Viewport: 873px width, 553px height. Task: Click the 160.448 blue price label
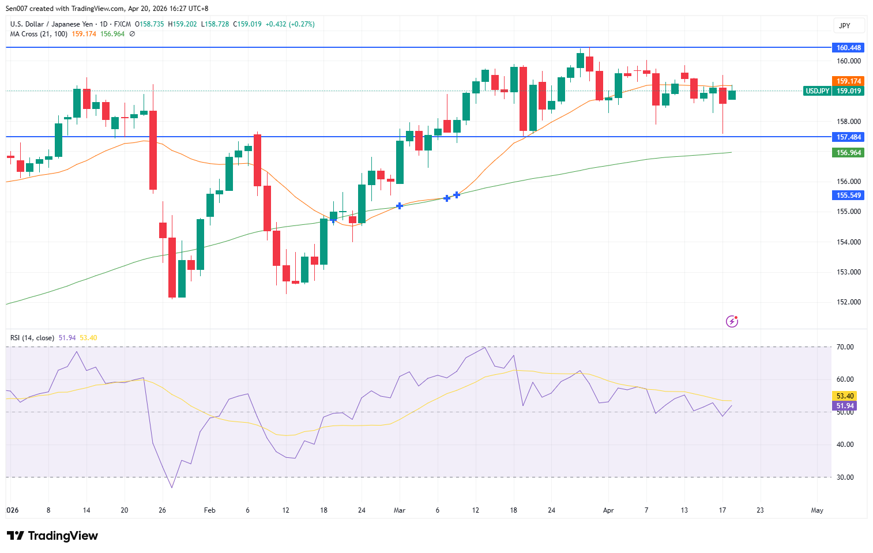(848, 48)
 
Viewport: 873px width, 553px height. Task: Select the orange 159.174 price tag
(848, 81)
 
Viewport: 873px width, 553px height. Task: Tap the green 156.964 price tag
(848, 153)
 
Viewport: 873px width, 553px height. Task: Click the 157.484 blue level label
(848, 137)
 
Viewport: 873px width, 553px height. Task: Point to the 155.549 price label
(848, 195)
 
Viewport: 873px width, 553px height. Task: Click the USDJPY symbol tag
(817, 91)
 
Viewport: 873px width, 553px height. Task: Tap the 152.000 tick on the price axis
(848, 302)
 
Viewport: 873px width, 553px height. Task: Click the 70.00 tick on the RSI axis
(845, 347)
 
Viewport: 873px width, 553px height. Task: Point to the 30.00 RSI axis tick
(845, 477)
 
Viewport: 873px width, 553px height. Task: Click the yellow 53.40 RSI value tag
(845, 396)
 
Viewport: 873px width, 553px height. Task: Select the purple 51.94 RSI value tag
(845, 406)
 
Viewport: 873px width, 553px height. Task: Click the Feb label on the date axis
(210, 510)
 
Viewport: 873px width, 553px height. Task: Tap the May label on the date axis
(816, 510)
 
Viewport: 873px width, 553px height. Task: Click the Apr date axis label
(608, 510)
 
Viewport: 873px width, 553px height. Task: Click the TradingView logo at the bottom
(52, 536)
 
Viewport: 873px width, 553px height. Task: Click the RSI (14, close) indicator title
(32, 338)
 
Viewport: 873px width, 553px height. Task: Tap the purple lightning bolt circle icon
(732, 321)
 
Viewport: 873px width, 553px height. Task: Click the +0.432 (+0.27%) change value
(290, 24)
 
